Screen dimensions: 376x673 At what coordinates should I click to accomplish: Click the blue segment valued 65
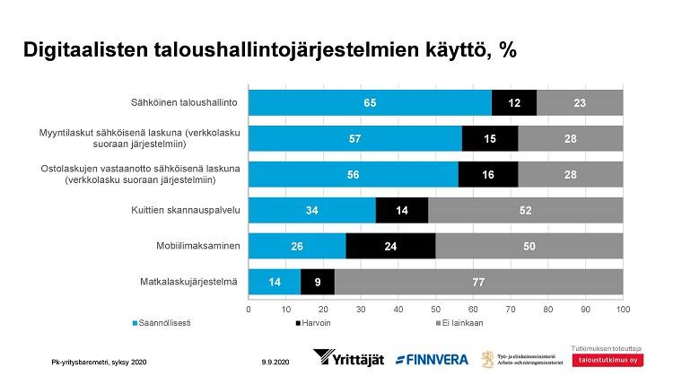coord(370,103)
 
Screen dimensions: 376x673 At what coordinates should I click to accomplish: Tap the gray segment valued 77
coord(478,282)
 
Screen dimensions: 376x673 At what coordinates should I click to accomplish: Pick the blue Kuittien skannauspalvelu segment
coord(311,210)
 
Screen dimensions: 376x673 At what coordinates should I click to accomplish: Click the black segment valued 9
coord(317,282)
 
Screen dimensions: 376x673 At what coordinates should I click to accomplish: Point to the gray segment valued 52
coord(525,210)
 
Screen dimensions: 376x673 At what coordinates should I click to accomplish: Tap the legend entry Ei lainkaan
coord(462,319)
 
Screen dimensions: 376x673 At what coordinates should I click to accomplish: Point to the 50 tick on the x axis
coord(435,308)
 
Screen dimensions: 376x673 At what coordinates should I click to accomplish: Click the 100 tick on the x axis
coord(622,308)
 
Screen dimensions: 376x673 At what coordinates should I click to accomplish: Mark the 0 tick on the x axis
coord(249,308)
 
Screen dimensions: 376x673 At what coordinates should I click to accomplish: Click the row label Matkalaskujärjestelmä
coord(194,282)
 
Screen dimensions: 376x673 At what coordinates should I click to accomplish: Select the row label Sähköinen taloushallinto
coord(186,103)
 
